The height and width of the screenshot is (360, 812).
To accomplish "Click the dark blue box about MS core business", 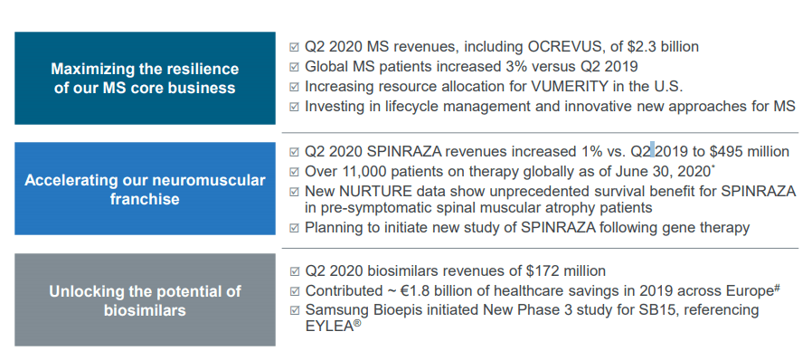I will tap(145, 78).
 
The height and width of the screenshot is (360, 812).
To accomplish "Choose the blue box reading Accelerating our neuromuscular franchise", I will tap(145, 189).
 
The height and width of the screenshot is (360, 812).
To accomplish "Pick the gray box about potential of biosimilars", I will tap(145, 300).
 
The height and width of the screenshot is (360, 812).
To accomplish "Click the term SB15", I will tap(633, 310).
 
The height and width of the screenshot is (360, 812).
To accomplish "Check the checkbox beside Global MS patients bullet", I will tap(294, 67).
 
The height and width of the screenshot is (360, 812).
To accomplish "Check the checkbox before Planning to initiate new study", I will tap(294, 228).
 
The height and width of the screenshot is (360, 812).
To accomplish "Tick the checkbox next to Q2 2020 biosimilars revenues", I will tap(294, 271).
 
